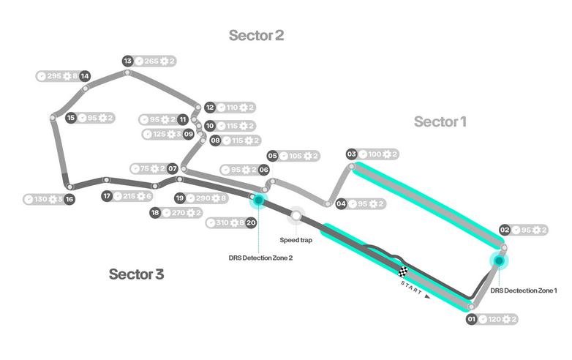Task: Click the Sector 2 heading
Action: [256, 35]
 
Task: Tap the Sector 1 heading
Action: [440, 121]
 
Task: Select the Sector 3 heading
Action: [136, 274]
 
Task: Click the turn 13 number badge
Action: [127, 61]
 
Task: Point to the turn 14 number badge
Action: [85, 75]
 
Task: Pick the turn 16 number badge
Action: [69, 199]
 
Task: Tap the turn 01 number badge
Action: [472, 319]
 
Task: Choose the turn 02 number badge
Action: [504, 230]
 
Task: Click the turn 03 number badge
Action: [351, 154]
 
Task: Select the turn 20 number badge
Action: [251, 222]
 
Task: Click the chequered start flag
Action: [404, 273]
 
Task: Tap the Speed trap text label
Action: [296, 239]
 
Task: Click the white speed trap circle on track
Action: [296, 215]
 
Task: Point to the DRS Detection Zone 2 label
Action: [260, 257]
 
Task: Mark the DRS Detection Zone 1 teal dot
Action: [499, 260]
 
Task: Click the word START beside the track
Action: [412, 288]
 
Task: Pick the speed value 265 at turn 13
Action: [152, 61]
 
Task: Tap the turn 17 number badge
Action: [107, 195]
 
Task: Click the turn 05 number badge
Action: [272, 156]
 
